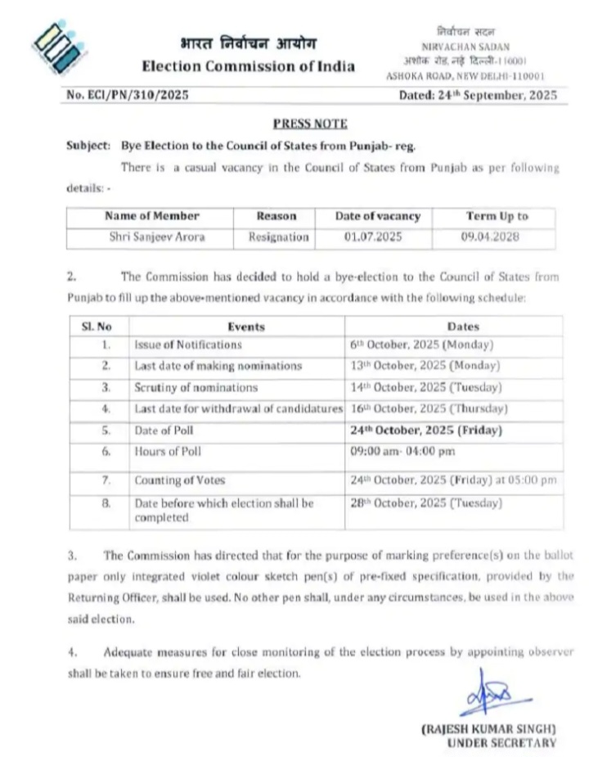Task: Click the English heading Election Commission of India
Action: point(248,66)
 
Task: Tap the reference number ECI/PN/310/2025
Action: point(128,95)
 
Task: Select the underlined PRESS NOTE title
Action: point(309,124)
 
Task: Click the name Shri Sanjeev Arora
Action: point(152,237)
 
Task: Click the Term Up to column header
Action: point(497,217)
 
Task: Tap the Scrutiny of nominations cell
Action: point(196,387)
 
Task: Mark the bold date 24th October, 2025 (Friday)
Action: point(425,430)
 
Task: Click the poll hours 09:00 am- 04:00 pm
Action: point(402,452)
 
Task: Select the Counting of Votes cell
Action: point(179,480)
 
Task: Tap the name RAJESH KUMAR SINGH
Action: point(489,728)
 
